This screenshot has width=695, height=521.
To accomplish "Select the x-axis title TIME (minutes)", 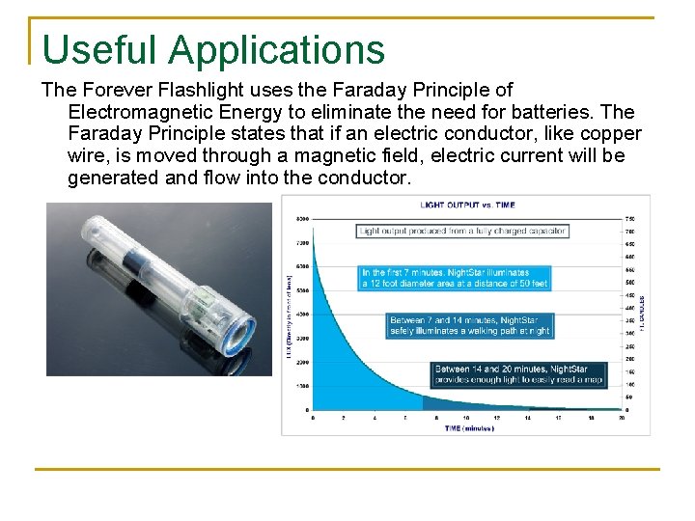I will (x=465, y=426).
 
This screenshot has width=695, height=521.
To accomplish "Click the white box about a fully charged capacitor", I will (x=462, y=232).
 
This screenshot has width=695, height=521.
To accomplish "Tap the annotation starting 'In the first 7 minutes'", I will (x=455, y=278).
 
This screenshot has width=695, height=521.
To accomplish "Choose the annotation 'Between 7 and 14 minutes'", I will (x=470, y=325).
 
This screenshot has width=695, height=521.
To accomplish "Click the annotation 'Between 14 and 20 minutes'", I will (x=518, y=374).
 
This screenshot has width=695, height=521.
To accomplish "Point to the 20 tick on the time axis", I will (x=620, y=418).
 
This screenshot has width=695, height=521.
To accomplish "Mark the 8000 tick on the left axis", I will (x=302, y=218).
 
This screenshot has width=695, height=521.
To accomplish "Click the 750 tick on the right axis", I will (x=630, y=218).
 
